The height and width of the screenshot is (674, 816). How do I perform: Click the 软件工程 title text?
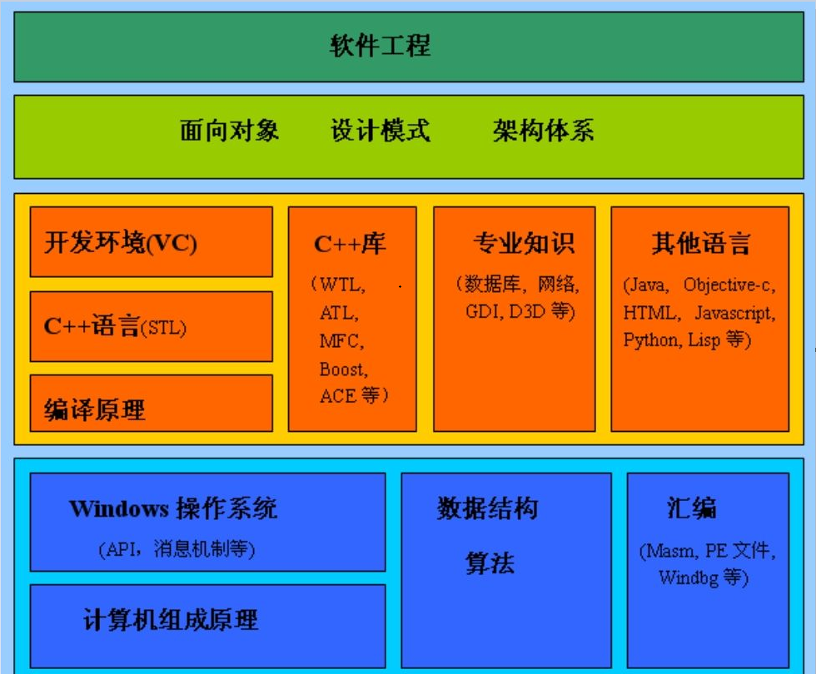coord(381,45)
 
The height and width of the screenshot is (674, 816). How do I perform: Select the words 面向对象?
coord(230,131)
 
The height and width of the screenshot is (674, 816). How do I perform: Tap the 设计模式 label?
coord(381,131)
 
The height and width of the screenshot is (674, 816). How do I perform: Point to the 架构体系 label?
coord(543,131)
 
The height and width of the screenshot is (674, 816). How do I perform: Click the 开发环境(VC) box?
coord(151,242)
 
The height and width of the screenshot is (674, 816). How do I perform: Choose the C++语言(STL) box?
coord(151,326)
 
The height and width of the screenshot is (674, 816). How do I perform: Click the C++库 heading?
coord(350,243)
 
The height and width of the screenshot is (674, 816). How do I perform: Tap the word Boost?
coord(342,369)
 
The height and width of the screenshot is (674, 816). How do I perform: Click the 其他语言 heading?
coord(700,243)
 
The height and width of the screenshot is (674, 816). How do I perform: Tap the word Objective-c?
coord(728,285)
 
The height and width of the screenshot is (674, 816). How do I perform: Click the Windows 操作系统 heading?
coord(173,508)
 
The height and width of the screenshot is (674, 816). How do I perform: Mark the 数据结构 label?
coord(488,508)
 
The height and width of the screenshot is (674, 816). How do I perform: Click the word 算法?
coord(490,563)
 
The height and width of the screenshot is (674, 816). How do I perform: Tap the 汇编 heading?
coord(691,508)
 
